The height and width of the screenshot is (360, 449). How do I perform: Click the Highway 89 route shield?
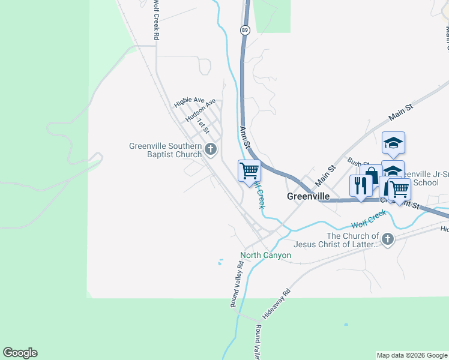point(246,29)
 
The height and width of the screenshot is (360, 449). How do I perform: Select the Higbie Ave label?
point(190,103)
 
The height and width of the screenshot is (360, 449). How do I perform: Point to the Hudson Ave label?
point(200,112)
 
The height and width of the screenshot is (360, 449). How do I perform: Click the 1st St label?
point(203,126)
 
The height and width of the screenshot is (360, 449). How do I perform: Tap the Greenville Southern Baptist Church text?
point(165,150)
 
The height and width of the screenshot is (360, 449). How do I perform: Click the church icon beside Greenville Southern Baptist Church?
point(210,149)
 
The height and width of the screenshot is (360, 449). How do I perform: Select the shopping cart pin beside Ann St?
point(249,170)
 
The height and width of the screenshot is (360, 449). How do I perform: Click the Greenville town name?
point(309,196)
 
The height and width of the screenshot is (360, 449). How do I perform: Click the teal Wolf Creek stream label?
point(369,220)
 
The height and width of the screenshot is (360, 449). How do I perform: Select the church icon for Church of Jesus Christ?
point(388,239)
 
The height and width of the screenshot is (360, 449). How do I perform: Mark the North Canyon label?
point(266,255)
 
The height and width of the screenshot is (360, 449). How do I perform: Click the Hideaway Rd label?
point(276,304)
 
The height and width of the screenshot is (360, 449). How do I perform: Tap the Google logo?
point(20,353)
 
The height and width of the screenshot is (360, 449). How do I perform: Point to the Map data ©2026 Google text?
point(412,355)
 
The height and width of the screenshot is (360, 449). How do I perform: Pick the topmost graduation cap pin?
point(393,143)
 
